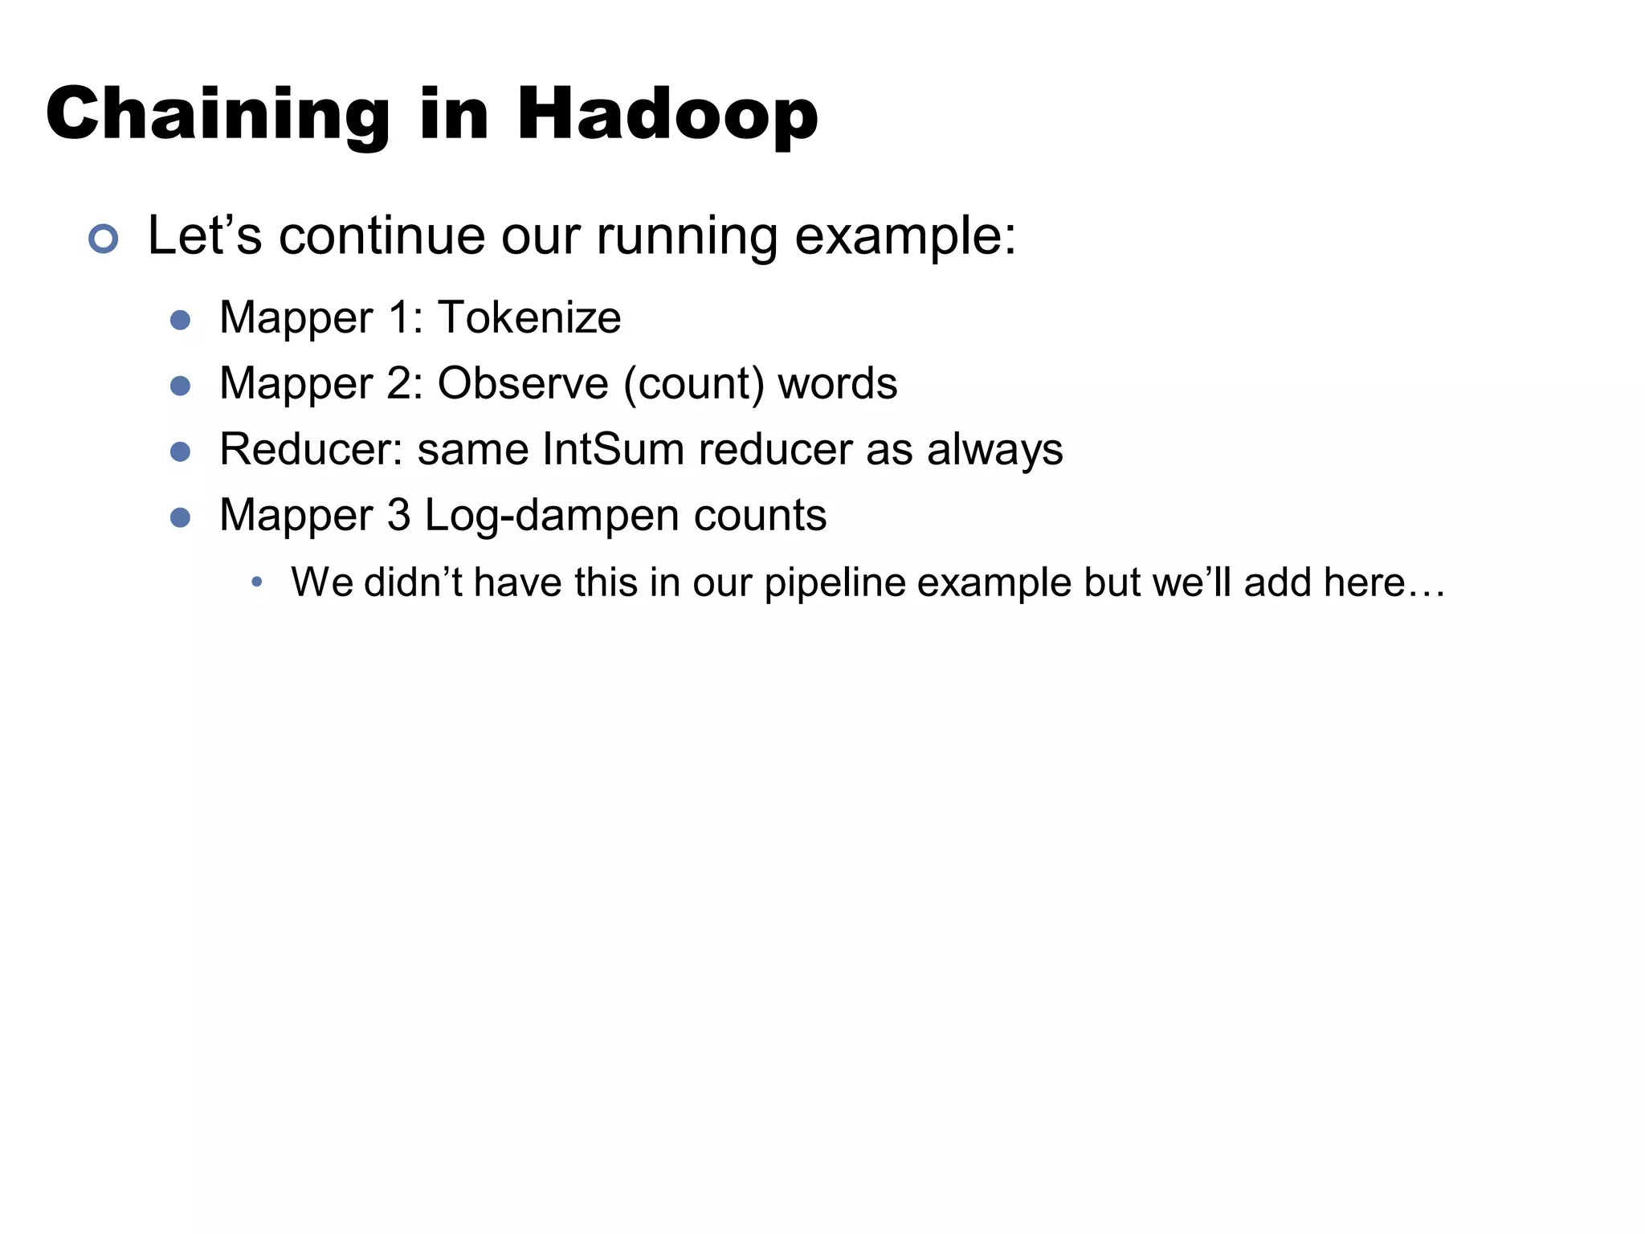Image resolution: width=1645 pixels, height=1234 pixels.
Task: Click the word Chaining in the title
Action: tap(218, 114)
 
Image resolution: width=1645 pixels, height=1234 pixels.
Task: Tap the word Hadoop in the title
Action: tap(667, 114)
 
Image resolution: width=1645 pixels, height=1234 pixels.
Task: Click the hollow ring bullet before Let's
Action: tap(104, 239)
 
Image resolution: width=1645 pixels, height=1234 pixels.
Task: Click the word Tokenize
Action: tap(529, 317)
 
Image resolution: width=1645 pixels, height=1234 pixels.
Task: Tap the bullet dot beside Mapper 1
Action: tap(181, 321)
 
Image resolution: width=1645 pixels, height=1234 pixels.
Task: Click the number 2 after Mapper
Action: tap(400, 383)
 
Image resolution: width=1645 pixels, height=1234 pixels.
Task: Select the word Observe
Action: tap(523, 383)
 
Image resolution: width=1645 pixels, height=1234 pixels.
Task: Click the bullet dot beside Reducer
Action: tap(181, 452)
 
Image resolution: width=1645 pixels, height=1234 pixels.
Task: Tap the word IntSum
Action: tap(614, 449)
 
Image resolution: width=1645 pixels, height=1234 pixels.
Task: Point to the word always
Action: tap(995, 449)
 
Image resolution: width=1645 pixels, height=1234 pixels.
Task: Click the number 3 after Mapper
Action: tap(399, 515)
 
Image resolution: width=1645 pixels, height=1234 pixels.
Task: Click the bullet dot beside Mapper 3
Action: tap(181, 517)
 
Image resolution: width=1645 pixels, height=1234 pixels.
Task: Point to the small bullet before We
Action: tap(256, 582)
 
